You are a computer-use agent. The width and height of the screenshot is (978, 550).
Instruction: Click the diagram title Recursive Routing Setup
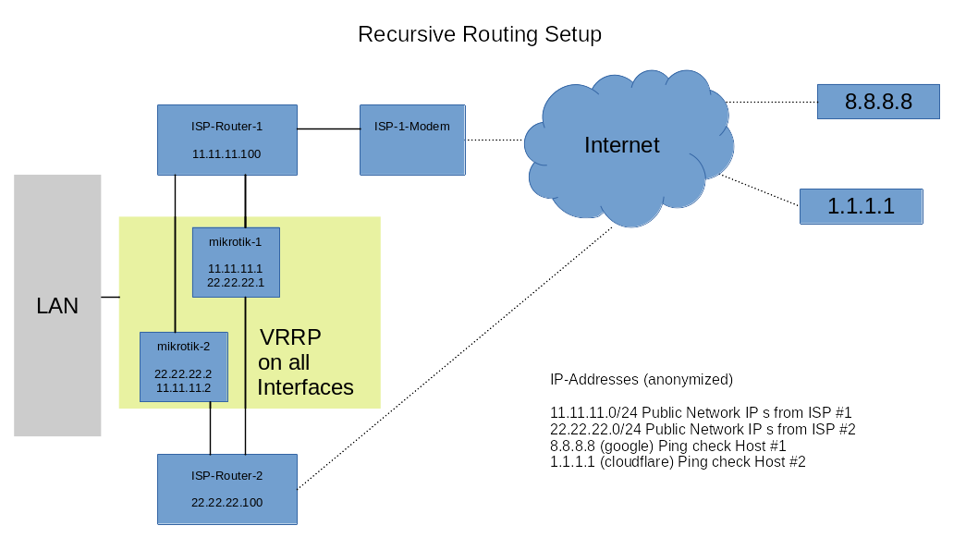pos(479,34)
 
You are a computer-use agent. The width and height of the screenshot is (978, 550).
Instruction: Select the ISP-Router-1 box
pos(226,139)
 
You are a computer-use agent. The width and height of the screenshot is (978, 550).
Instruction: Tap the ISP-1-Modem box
pos(412,141)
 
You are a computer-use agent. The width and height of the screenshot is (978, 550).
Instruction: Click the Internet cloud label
pos(621,145)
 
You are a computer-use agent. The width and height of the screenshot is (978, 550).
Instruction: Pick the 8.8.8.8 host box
pos(878,102)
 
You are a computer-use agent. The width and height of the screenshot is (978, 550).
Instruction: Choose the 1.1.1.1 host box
pos(861,206)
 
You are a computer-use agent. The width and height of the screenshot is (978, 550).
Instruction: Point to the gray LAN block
pos(57,305)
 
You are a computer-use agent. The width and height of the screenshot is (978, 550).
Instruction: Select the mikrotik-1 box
pos(236,262)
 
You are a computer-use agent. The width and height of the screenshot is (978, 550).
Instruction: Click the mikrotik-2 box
pos(183,367)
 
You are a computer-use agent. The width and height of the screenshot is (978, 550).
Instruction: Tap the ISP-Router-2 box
pos(226,489)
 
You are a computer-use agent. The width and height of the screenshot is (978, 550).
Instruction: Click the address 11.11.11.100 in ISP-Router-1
pos(226,154)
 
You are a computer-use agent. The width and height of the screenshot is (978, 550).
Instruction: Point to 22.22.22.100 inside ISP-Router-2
pos(226,503)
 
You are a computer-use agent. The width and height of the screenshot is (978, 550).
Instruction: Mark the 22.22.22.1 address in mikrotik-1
pos(236,281)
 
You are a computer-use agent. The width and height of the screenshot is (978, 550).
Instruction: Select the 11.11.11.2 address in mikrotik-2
pos(183,387)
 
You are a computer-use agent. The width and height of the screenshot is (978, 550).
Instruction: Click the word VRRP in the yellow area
pos(290,336)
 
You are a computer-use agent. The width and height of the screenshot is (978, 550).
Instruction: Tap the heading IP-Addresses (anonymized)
pos(641,379)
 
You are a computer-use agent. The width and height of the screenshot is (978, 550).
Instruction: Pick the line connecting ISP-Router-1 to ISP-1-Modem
pos(328,128)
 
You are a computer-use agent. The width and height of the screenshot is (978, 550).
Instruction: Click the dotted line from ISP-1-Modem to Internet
pos(495,141)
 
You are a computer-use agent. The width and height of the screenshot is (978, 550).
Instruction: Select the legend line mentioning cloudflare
pos(678,461)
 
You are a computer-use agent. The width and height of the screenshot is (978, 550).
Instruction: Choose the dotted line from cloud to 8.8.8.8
pos(772,102)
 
